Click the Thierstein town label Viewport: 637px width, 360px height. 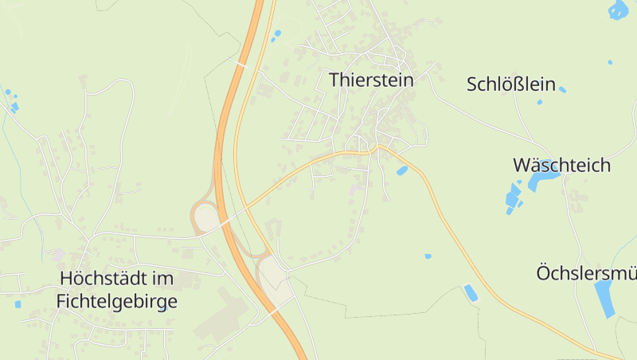point(371,80)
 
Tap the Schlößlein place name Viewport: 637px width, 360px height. point(510,84)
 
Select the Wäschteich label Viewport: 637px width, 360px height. point(561,166)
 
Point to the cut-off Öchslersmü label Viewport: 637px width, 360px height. point(586,273)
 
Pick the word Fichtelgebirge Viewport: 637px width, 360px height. point(117,302)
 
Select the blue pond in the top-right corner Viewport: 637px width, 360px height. point(618,10)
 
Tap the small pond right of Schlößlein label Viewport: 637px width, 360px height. point(562,89)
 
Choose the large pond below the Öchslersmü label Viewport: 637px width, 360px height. point(604,298)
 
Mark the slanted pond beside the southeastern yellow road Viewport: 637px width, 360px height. point(471,292)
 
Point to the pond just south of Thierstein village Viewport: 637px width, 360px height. point(402,170)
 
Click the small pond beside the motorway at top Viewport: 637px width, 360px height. point(277,33)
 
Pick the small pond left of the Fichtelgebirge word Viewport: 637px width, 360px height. point(18,303)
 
